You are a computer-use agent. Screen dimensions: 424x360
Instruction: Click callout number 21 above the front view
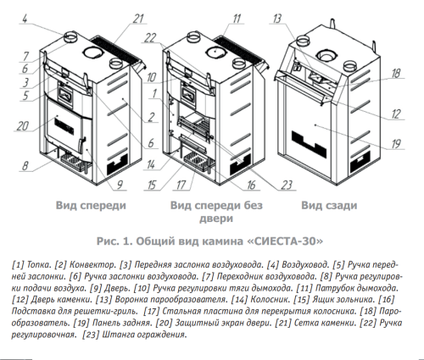coord(138,19)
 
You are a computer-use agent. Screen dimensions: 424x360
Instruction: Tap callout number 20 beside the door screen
coord(23,126)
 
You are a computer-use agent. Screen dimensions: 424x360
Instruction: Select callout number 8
coord(25,165)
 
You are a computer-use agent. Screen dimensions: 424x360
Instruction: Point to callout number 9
coord(120,185)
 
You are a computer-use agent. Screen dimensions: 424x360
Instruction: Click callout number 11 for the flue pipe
coord(237,19)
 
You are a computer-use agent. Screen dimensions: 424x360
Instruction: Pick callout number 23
coord(286,185)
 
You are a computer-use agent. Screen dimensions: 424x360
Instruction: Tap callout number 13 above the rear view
coord(277,19)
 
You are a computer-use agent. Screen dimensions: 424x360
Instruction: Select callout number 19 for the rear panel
coord(396,144)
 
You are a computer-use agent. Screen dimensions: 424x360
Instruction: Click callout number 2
coord(152,117)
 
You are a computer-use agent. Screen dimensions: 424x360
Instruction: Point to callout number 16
coord(251,185)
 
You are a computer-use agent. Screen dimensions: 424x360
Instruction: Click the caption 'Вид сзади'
coord(329,205)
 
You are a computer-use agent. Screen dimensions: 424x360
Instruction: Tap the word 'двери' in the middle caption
coord(216,219)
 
